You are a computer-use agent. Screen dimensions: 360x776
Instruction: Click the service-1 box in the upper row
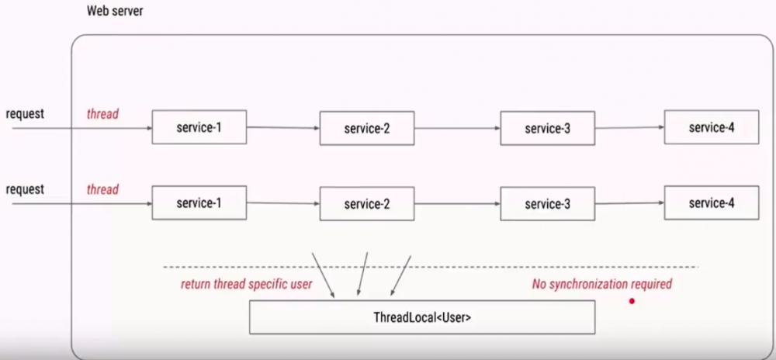tap(199, 127)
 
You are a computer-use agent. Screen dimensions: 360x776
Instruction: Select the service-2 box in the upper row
tap(367, 128)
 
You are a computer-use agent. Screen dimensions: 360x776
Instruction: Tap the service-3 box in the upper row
tap(547, 128)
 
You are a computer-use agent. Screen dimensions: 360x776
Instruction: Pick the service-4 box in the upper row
tap(711, 127)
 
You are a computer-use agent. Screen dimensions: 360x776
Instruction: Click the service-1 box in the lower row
tap(199, 203)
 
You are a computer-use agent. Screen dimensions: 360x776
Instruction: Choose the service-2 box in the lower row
tap(367, 204)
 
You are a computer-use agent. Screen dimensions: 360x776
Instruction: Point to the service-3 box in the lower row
tap(547, 204)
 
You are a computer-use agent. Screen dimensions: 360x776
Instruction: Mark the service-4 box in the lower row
tap(711, 203)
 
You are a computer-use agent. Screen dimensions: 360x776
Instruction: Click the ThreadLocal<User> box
tap(422, 317)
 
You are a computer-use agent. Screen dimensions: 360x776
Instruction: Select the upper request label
tap(25, 113)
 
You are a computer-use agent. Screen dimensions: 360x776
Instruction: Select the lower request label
tap(25, 189)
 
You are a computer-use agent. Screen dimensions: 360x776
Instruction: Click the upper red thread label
tap(102, 114)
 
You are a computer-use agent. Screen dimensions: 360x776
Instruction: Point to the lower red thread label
tap(102, 189)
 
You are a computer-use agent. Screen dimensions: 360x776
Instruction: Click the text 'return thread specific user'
tap(246, 284)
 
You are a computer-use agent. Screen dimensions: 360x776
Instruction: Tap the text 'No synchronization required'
tap(601, 284)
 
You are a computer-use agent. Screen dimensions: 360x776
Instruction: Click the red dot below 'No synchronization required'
tap(632, 301)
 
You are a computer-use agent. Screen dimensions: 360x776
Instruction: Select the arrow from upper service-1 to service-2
tap(283, 127)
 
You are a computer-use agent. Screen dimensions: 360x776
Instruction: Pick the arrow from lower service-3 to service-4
tap(629, 203)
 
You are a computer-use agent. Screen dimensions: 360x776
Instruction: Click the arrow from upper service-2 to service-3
tap(457, 128)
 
